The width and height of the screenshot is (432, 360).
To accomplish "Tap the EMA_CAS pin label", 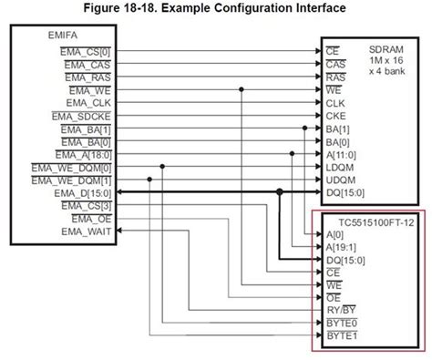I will (x=91, y=65).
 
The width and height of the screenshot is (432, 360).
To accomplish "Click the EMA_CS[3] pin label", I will (x=88, y=205).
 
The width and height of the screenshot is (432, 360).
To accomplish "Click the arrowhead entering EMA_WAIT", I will (x=118, y=231).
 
